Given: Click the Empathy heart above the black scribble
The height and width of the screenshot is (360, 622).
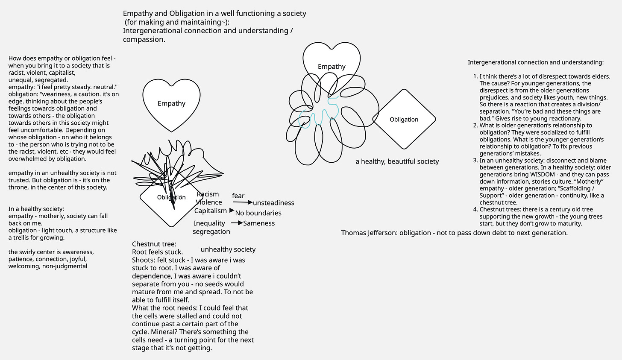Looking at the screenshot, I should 171,104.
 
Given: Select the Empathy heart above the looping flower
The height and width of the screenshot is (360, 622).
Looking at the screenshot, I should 332,67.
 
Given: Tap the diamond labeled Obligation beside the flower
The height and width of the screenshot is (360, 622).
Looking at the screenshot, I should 404,120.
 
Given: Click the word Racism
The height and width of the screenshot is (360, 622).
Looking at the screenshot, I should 208,194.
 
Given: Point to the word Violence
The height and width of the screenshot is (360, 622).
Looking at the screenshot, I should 209,202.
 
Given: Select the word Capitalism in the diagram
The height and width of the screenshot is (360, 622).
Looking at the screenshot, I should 211,211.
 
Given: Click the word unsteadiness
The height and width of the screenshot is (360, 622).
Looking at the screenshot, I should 273,203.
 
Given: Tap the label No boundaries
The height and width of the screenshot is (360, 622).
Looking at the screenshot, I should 258,213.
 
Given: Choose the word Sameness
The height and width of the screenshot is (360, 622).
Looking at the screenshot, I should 259,223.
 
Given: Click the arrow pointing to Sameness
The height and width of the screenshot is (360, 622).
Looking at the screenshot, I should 237,223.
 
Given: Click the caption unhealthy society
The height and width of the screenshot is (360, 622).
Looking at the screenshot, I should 228,249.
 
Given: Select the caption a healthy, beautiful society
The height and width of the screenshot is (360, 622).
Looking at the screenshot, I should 397,161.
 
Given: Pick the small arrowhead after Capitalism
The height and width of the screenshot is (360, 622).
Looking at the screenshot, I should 232,211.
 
